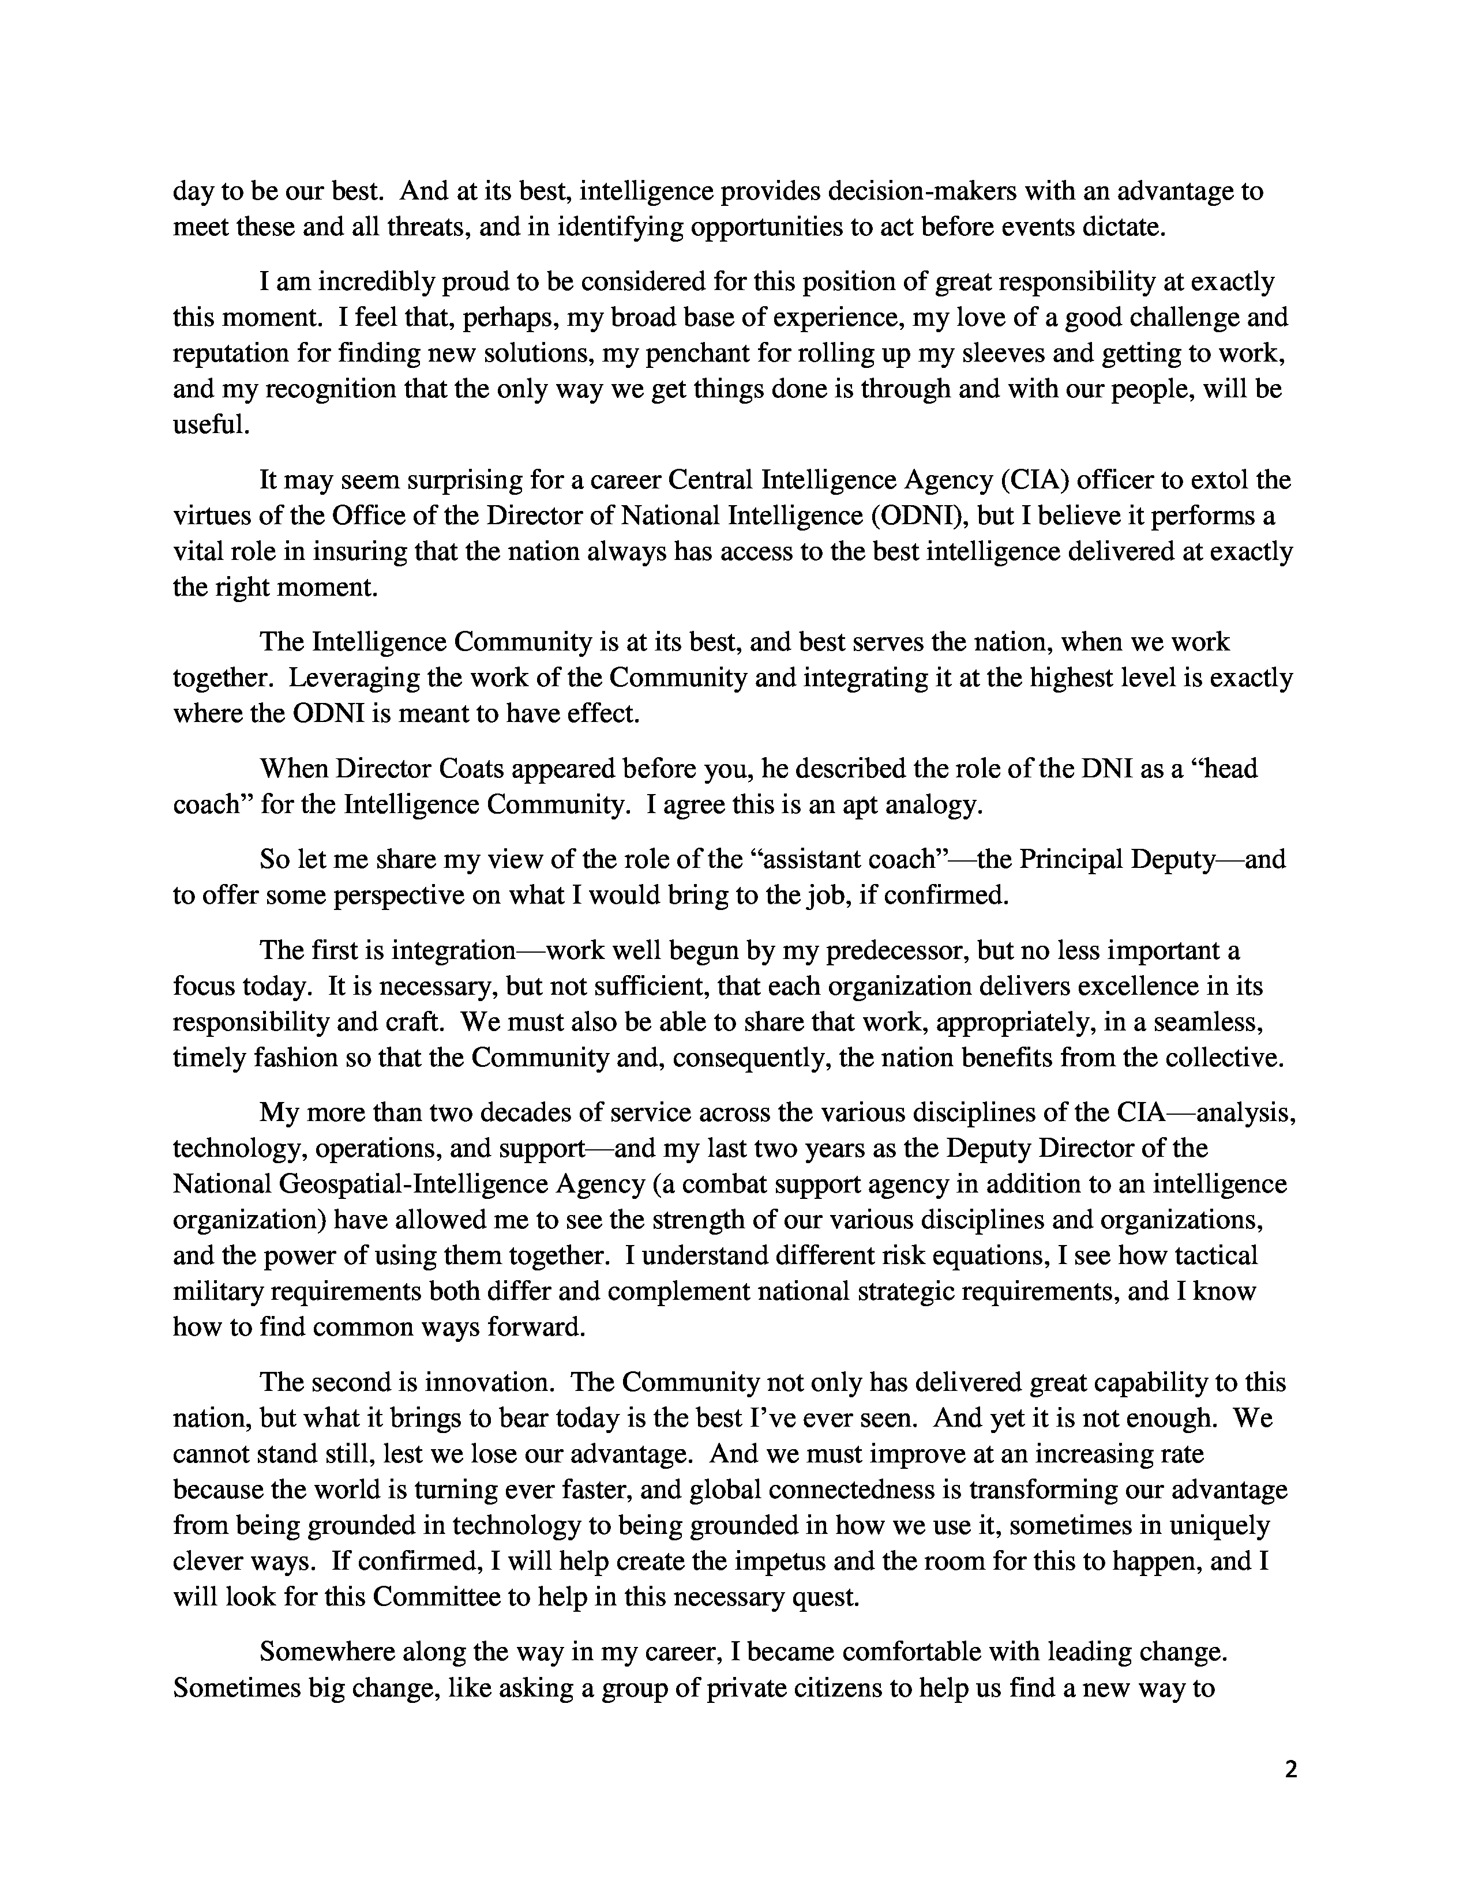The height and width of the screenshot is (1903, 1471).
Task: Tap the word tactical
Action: (1215, 1255)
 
